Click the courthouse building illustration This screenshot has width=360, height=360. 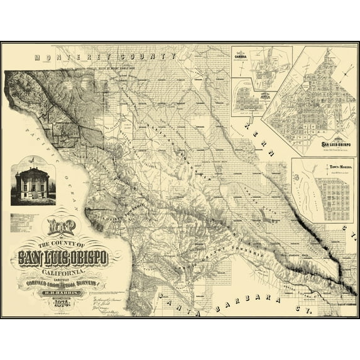[33, 182]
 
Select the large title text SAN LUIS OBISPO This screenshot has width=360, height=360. [63, 258]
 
